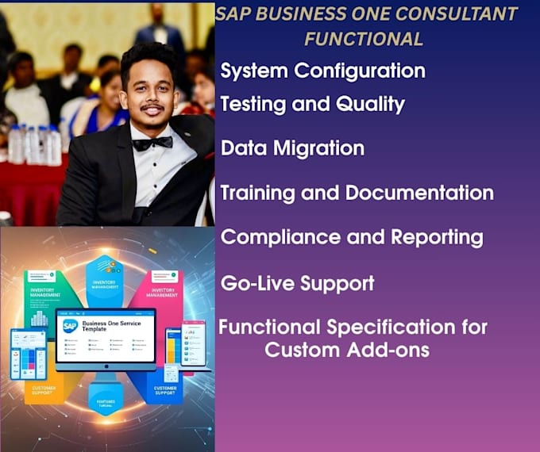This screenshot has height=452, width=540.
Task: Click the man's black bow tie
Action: pos(152,144)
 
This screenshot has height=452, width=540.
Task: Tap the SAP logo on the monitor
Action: pos(70,325)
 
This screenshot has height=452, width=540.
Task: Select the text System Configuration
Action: pos(322,71)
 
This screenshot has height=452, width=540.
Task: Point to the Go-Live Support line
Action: pos(297,283)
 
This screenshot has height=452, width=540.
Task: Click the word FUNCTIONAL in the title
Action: pos(364,38)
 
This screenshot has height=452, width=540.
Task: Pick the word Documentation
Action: pos(419,193)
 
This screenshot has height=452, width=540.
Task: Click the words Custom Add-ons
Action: pos(347,350)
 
